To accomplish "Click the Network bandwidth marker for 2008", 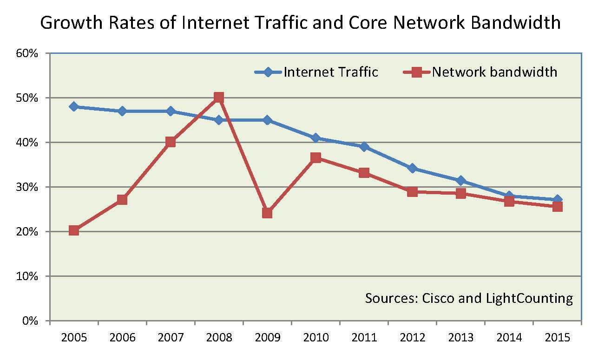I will [219, 98].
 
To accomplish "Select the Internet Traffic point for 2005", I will [74, 106].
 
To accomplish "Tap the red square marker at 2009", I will [267, 213].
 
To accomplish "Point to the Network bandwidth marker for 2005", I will [74, 230].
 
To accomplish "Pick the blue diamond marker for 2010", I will [315, 138].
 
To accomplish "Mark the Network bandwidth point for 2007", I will [171, 142].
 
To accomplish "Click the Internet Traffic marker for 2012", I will [412, 168].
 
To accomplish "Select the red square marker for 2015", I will [557, 207].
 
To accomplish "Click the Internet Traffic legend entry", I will [330, 72].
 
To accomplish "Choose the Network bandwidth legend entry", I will [494, 72].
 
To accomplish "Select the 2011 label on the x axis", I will [364, 338].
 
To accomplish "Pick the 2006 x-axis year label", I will [122, 338].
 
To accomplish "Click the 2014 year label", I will [509, 338].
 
